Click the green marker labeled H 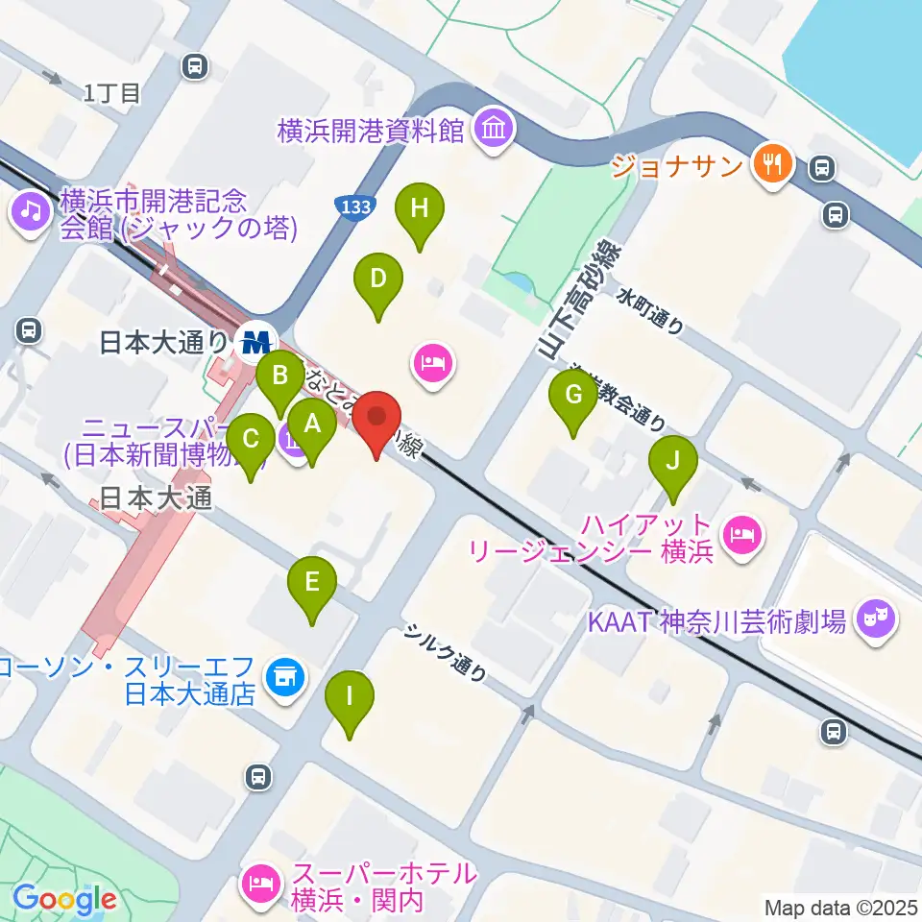419,208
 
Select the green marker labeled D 377,279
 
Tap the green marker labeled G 573,395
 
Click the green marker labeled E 312,581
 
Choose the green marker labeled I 350,694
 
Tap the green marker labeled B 280,375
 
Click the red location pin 376,418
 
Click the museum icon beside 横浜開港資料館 495,130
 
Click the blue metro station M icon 255,340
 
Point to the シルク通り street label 444,653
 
